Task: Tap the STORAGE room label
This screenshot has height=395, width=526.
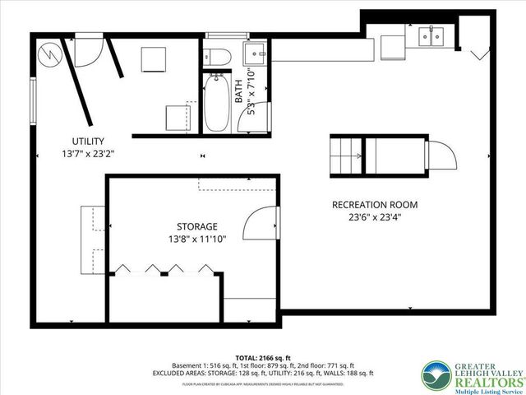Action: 197,226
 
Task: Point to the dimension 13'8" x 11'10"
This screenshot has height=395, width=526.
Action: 197,239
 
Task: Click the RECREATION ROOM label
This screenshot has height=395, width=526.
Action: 375,205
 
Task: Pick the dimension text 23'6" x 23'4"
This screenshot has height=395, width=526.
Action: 375,218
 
